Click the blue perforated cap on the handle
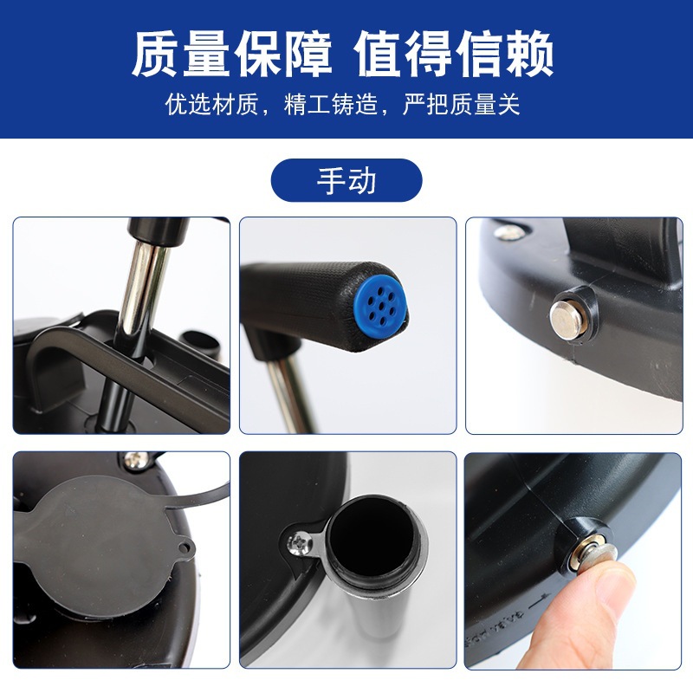380,299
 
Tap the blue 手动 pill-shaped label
346,180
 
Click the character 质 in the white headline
156,54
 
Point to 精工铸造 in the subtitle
331,104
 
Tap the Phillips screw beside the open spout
299,543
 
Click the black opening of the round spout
372,537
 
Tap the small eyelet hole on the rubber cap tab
184,548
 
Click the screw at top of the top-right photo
509,232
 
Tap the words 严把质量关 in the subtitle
462,104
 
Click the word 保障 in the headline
283,54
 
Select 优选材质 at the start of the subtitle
211,104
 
